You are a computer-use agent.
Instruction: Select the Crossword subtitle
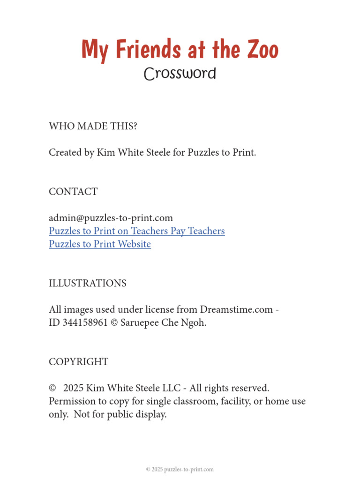click(x=180, y=74)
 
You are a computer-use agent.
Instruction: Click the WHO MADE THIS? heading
click(x=93, y=126)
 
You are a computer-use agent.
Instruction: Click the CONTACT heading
click(x=73, y=192)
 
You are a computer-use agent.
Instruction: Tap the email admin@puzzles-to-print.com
click(x=111, y=218)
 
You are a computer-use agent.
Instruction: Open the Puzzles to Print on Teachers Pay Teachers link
click(x=136, y=231)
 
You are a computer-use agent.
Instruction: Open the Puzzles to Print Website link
click(x=99, y=244)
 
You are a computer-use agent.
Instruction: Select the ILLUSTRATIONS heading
click(x=87, y=284)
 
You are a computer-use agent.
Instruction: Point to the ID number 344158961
click(x=85, y=323)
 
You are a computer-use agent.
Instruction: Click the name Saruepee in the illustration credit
click(x=142, y=323)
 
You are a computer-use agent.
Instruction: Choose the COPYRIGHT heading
click(x=78, y=362)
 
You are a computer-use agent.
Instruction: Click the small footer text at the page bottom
click(x=180, y=469)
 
